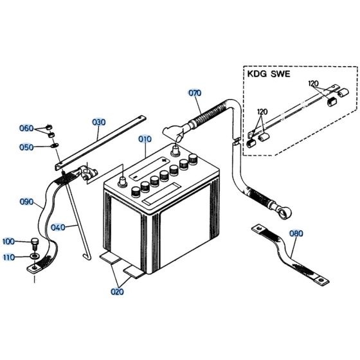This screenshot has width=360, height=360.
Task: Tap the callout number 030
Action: tap(98, 121)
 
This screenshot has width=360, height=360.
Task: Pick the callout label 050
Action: tap(44, 147)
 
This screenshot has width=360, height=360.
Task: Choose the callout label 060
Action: tap(44, 129)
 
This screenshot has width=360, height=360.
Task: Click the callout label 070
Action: tap(195, 93)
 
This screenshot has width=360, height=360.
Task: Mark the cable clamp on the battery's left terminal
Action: tap(87, 172)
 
